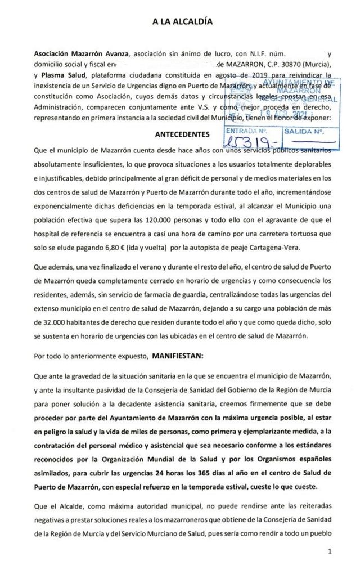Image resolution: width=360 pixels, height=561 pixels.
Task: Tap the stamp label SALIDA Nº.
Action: click(304, 132)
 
